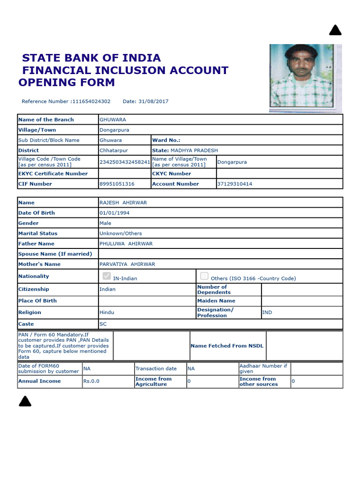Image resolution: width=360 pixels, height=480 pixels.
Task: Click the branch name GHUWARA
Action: (112, 120)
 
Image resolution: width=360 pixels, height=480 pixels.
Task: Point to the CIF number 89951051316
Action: (117, 184)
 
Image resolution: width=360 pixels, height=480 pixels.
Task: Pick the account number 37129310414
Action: (234, 184)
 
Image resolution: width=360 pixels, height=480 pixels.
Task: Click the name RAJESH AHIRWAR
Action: (123, 202)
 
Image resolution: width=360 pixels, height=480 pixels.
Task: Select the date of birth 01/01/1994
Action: (114, 213)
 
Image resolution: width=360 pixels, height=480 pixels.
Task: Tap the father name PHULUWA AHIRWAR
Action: (126, 244)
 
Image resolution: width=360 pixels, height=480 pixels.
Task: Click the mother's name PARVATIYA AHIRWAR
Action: (127, 264)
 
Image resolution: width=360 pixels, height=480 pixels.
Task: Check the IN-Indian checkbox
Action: (106, 276)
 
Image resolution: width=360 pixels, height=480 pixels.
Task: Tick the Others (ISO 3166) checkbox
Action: (204, 276)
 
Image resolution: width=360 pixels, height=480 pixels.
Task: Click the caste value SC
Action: (103, 324)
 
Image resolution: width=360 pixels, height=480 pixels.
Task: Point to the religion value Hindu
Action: (106, 312)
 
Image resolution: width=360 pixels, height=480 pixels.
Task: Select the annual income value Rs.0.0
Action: (91, 381)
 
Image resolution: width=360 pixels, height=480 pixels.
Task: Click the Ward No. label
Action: (166, 140)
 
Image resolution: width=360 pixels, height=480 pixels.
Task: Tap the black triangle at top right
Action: (335, 31)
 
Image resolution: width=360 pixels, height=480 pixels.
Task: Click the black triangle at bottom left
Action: (25, 401)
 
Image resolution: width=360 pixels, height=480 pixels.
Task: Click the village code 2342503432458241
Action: (125, 162)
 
